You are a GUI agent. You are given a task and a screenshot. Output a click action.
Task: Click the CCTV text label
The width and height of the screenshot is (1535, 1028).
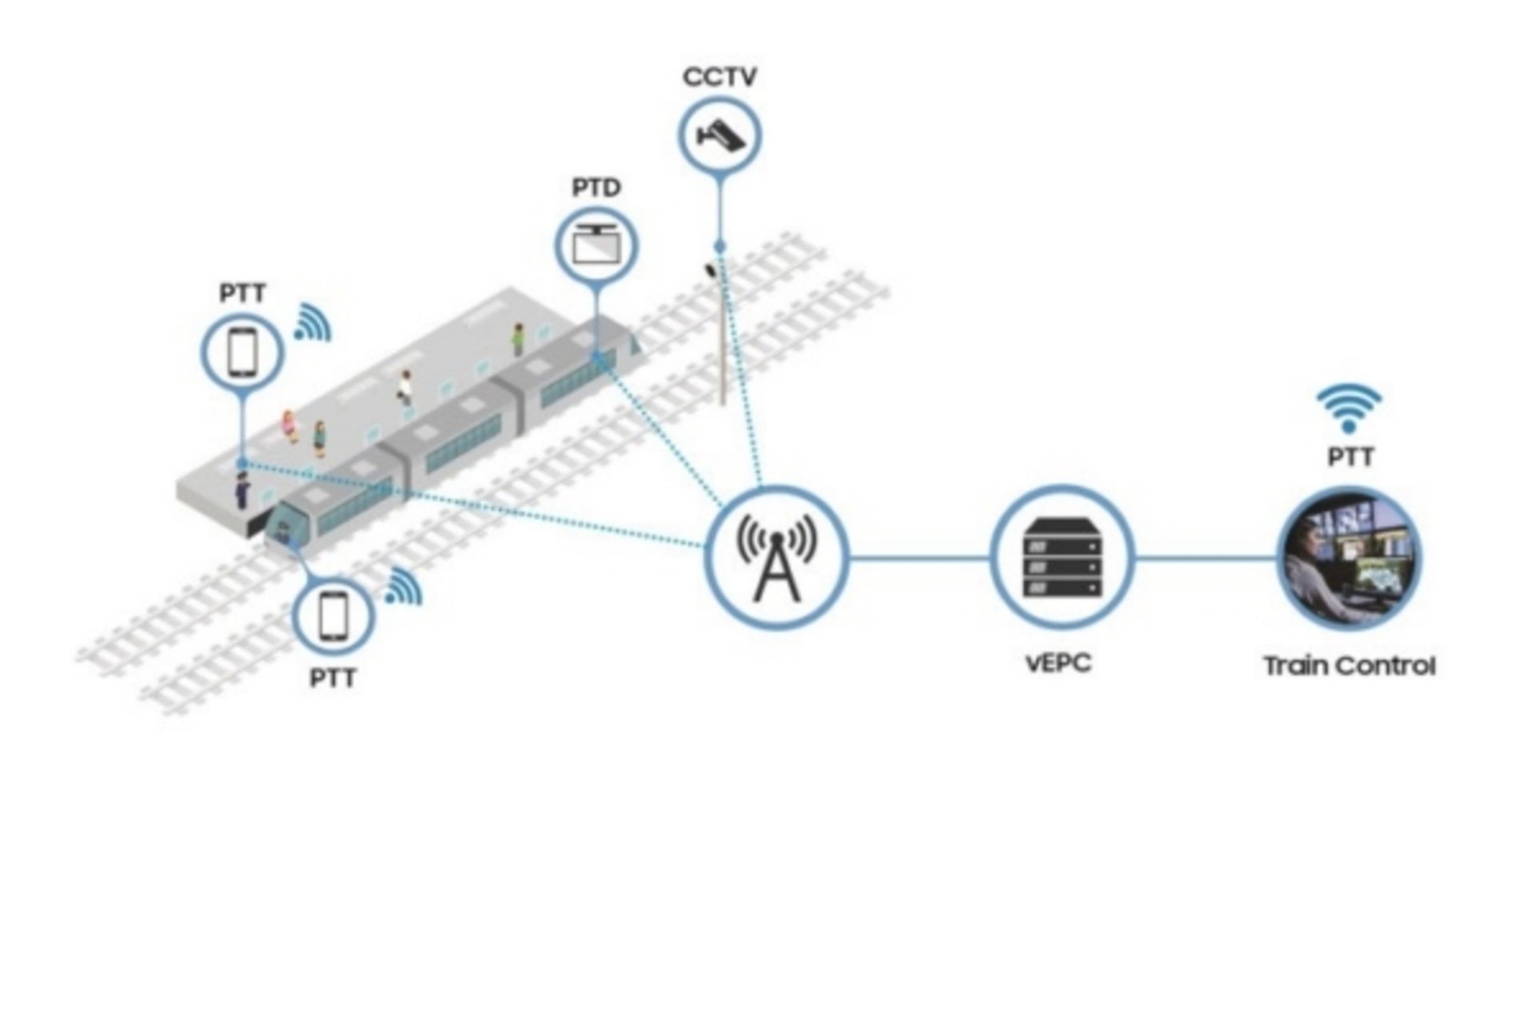tap(719, 77)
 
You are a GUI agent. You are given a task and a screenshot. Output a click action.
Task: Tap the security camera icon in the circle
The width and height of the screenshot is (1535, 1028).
tap(720, 135)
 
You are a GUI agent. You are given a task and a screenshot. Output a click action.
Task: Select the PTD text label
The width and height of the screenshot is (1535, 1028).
tap(596, 188)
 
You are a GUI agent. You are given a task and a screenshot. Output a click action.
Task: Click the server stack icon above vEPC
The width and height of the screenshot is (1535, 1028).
tap(1063, 559)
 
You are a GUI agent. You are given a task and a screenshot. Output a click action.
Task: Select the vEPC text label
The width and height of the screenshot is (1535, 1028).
tap(1059, 663)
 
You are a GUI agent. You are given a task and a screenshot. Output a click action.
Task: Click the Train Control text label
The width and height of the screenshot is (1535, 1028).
tap(1350, 666)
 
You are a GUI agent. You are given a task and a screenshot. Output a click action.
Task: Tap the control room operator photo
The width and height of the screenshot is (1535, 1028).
tap(1350, 559)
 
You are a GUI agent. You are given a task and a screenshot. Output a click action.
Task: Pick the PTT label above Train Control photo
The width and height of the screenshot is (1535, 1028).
tap(1350, 457)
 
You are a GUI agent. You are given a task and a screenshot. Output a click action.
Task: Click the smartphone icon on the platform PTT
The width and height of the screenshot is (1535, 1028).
tap(242, 352)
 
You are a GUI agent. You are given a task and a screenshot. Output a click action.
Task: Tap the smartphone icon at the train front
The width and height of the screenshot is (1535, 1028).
tap(333, 617)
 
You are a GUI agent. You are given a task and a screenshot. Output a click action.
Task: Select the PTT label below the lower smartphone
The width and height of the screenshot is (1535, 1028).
tap(333, 679)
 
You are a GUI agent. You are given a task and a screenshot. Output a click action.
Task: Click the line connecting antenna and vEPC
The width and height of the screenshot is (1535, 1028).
tap(918, 559)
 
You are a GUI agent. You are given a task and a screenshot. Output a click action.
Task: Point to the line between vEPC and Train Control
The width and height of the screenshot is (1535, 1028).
tap(1206, 559)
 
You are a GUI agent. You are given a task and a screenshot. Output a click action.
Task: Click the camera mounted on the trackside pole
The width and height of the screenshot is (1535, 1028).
tap(710, 269)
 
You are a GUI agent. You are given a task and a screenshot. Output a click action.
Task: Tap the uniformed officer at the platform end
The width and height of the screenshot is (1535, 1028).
tap(241, 489)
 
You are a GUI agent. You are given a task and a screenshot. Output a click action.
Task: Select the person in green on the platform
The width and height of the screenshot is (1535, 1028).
tap(518, 339)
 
